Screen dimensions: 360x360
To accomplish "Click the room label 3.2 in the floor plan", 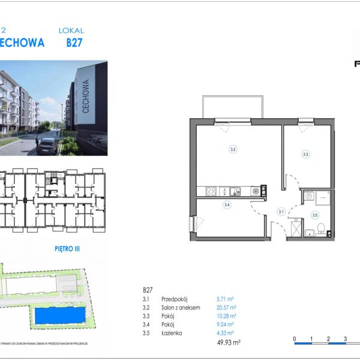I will [232, 149].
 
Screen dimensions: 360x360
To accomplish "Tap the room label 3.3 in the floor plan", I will [305, 154].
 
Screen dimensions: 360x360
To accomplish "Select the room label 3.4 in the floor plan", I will [227, 205].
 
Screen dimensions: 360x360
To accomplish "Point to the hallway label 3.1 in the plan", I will [280, 211].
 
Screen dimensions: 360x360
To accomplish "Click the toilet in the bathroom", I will [321, 229].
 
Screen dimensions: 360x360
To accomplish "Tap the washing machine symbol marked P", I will [308, 195].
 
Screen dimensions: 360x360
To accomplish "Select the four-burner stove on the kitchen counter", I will [211, 191].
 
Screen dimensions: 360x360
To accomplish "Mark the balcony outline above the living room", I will [232, 106].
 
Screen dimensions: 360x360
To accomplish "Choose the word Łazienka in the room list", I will [171, 332].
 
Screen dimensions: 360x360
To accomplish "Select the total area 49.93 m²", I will [227, 343].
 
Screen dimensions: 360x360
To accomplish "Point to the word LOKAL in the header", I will [71, 30].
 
